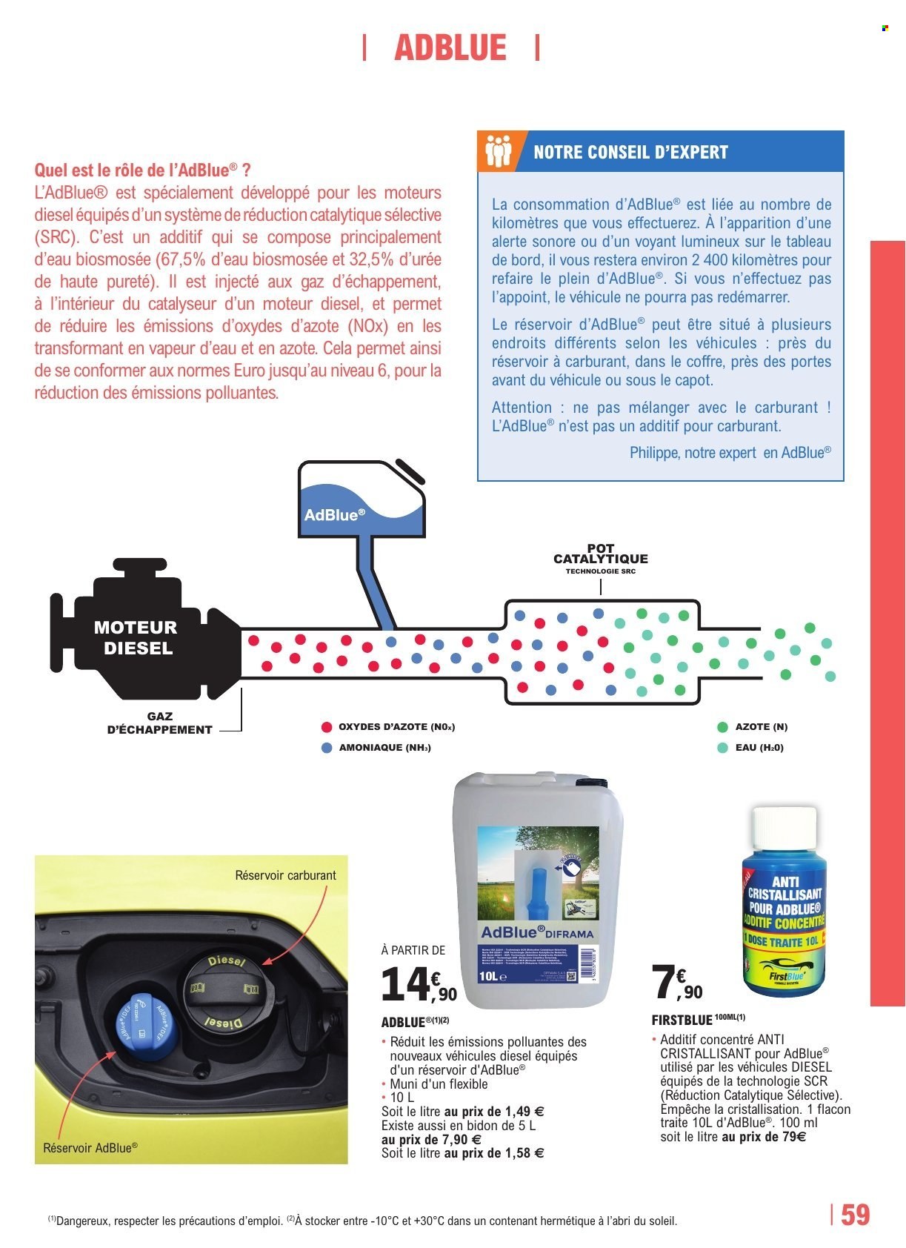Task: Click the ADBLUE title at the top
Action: [450, 48]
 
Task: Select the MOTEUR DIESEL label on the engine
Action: [136, 637]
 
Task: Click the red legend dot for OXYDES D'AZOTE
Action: [326, 727]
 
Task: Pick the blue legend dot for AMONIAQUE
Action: [326, 747]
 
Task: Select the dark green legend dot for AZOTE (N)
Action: [722, 727]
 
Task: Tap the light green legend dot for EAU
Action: [722, 747]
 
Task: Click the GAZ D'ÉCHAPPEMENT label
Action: [160, 723]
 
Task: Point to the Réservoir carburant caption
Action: [285, 875]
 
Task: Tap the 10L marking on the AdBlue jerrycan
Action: [489, 977]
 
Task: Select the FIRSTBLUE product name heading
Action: [682, 1020]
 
